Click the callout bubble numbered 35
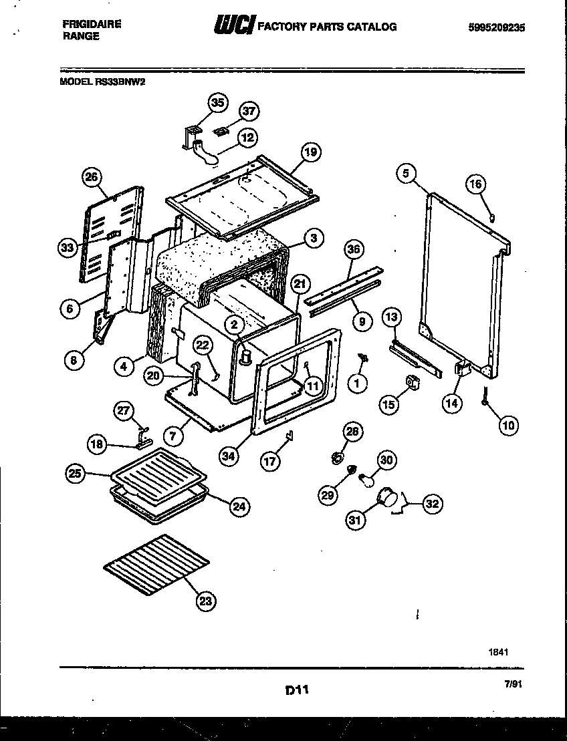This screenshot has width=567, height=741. pos(217,103)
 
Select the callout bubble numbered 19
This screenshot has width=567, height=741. pos(309,152)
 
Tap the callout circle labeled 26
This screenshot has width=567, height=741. pos(93,177)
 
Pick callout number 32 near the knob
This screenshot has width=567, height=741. pos(432,504)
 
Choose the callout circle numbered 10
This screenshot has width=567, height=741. pos(509,424)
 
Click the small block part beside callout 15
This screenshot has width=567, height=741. pos(413,382)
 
